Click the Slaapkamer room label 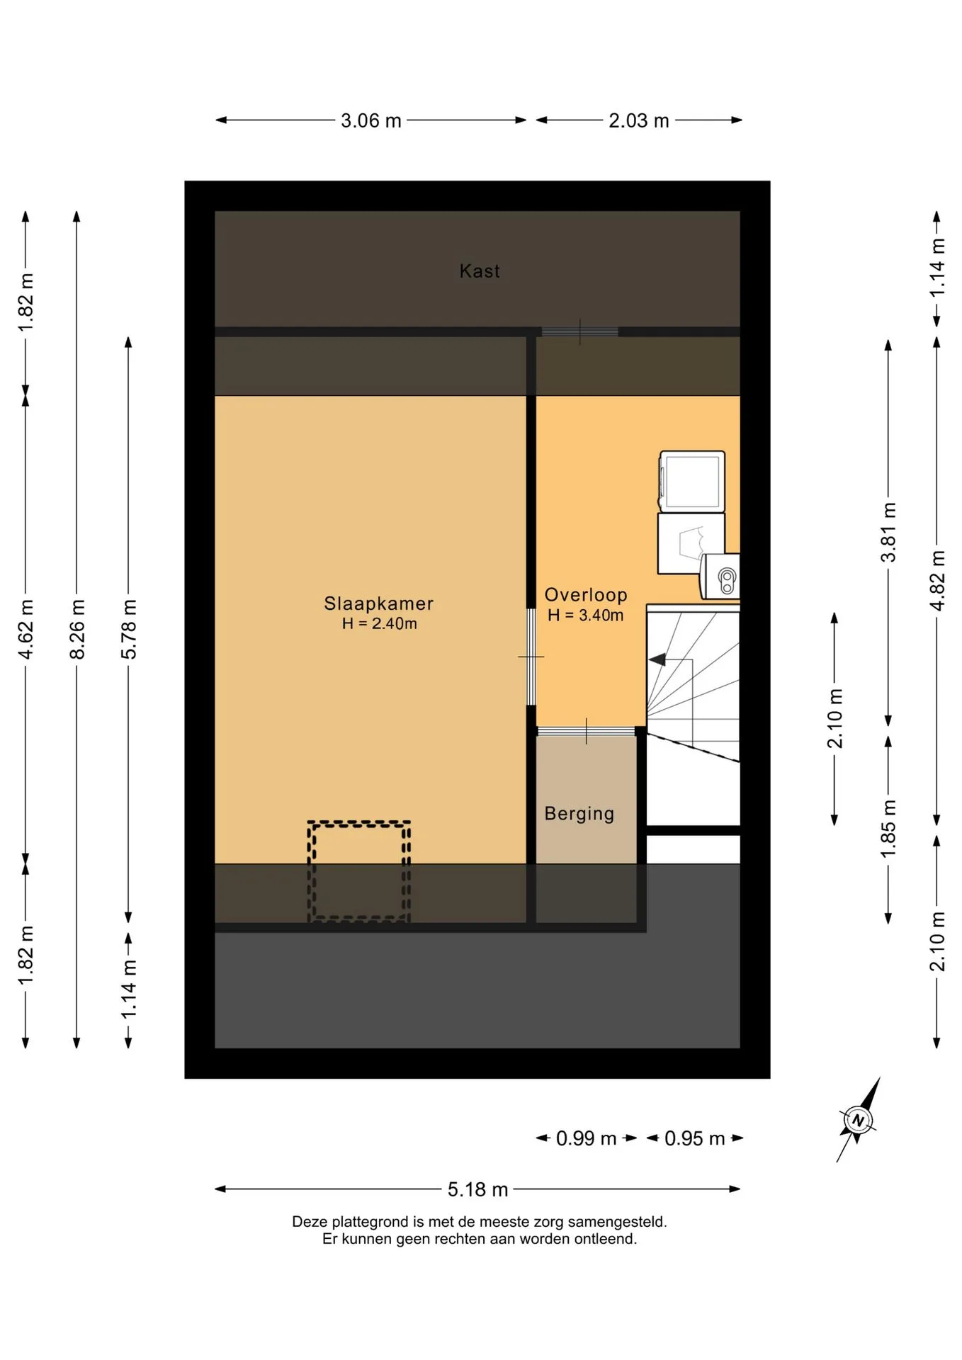(x=378, y=603)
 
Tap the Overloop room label (x=586, y=595)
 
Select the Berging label (x=579, y=814)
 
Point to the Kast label (x=480, y=271)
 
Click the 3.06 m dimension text (x=371, y=120)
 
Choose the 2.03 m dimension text (x=639, y=120)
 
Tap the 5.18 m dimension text (x=477, y=1189)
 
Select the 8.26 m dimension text (x=77, y=629)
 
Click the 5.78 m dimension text (x=129, y=629)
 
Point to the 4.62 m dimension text (x=26, y=629)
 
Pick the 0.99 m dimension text (x=586, y=1138)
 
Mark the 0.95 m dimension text (x=694, y=1138)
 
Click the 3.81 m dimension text (x=888, y=533)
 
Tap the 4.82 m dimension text (x=937, y=581)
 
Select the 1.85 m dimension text (x=888, y=829)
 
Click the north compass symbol (x=858, y=1121)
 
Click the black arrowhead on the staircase (x=657, y=659)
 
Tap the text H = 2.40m (x=379, y=624)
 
